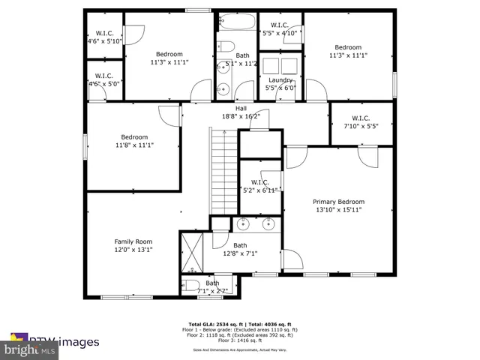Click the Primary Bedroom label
point(339,202)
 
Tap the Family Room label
point(133,241)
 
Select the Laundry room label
point(280,79)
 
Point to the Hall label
point(241,108)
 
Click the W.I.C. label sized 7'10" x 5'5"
point(361,118)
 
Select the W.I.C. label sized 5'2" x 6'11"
point(259,182)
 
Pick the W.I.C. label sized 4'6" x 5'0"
point(104,76)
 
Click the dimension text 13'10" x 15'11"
point(339,210)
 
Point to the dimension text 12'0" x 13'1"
point(133,250)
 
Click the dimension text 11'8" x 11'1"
point(134,145)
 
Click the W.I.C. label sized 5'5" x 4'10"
point(280,25)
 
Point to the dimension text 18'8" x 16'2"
point(241,116)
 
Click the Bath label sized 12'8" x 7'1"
point(240,245)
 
